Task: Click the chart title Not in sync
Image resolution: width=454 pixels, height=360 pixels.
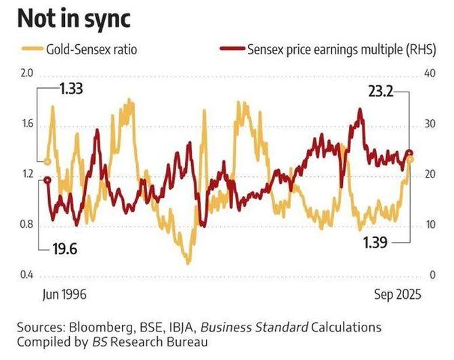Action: pyautogui.click(x=73, y=18)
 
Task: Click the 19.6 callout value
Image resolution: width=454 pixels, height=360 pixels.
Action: pyautogui.click(x=65, y=249)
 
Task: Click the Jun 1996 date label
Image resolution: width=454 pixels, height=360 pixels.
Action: pyautogui.click(x=66, y=295)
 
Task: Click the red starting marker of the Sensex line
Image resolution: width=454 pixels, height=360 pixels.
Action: pyautogui.click(x=47, y=180)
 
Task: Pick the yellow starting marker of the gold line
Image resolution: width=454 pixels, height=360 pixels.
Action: pyautogui.click(x=47, y=161)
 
